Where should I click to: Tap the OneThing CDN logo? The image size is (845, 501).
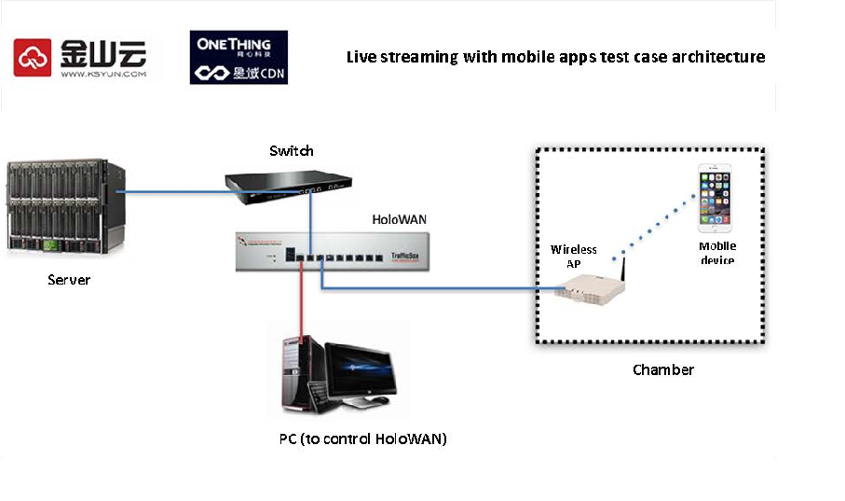click(239, 58)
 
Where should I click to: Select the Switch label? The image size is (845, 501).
click(292, 150)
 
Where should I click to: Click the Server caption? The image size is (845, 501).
click(69, 279)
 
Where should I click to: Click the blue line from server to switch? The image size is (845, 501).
click(177, 193)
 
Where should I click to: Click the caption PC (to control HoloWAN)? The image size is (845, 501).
click(362, 438)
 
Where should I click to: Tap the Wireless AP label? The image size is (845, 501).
click(573, 257)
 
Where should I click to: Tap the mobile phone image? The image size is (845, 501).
click(716, 198)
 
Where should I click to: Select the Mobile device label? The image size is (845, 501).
click(717, 253)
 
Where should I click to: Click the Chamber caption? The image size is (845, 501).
click(662, 369)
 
